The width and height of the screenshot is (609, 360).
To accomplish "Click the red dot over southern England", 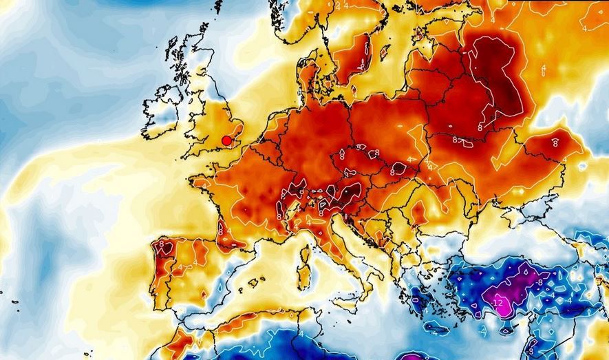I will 226,140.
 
